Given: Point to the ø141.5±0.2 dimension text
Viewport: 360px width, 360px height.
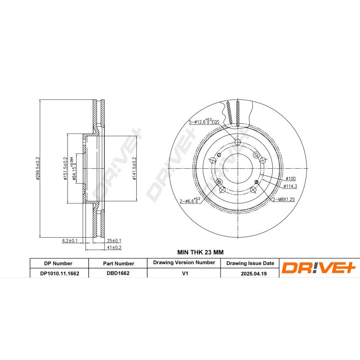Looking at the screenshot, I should tap(134, 168).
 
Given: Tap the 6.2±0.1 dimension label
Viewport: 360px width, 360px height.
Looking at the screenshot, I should tap(70, 241).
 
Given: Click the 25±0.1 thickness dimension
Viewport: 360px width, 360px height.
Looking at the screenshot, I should tap(115, 241).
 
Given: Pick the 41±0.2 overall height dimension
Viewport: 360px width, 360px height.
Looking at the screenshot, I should tap(115, 247).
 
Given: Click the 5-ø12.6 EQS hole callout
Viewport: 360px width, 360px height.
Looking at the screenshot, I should tap(204, 121).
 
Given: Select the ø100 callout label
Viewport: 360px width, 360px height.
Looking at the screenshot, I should tap(291, 179).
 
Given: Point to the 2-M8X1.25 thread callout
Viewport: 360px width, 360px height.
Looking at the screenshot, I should tap(283, 199).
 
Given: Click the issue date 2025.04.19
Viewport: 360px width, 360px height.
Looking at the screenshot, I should tap(250, 273).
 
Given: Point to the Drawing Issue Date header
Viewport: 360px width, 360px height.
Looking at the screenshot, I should tap(250, 263).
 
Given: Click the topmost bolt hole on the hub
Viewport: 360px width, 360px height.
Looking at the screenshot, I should tap(238, 143).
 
